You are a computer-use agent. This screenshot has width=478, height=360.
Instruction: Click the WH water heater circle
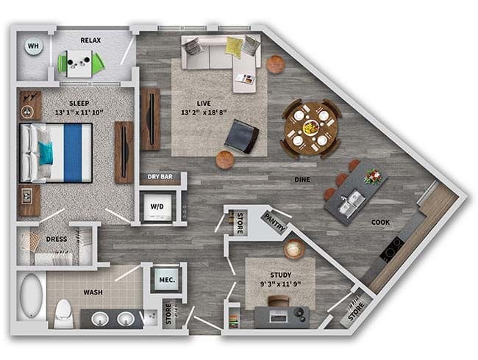[34, 46]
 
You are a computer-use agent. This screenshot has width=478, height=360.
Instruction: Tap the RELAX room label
[90, 40]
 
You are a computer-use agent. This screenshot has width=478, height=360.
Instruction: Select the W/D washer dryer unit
[157, 206]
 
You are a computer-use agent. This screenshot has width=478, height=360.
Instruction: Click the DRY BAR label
[160, 176]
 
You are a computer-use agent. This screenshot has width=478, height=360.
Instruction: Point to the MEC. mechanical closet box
[167, 279]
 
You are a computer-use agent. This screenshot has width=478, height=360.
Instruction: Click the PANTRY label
[275, 222]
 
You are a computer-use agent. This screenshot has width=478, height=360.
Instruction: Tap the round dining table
[310, 129]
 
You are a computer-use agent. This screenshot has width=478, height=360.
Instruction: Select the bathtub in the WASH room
[32, 296]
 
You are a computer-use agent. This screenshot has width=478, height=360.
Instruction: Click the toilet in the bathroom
[64, 314]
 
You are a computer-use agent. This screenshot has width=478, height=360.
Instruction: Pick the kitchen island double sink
[352, 203]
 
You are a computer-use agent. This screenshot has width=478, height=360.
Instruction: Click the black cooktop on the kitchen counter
[393, 249]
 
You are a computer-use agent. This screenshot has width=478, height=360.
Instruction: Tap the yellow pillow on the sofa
[234, 46]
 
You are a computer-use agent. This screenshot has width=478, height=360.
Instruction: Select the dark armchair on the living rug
[242, 136]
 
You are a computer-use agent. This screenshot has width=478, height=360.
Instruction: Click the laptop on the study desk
[279, 317]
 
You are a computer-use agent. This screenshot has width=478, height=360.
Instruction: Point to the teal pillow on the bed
[46, 153]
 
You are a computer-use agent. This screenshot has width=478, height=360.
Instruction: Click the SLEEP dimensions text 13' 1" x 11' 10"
[79, 112]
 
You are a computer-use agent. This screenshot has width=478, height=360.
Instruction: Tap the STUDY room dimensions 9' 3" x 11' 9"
[280, 284]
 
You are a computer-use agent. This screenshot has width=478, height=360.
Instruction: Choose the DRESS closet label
[57, 239]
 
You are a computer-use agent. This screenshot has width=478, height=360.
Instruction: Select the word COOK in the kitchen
[380, 223]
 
